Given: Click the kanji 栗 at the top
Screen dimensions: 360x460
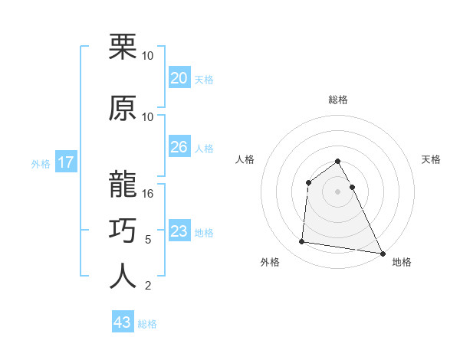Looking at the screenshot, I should (x=123, y=47).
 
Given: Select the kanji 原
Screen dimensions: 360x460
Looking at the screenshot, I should (x=123, y=109).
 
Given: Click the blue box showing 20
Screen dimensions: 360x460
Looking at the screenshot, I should (x=179, y=78).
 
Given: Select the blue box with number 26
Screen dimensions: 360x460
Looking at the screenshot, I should (x=179, y=147).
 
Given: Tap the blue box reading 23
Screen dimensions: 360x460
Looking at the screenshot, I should (x=179, y=231).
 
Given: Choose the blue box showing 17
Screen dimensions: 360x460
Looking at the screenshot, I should (x=65, y=162).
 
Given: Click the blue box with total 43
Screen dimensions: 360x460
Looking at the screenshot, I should (x=123, y=322).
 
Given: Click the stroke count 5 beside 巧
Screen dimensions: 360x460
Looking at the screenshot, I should (x=148, y=240).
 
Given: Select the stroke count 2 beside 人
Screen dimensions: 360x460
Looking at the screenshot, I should (x=148, y=286).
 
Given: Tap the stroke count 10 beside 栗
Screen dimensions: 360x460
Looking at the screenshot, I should (x=148, y=56).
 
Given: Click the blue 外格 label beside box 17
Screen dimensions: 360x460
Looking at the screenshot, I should (x=41, y=163).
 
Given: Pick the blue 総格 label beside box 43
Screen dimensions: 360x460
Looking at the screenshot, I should (x=147, y=324).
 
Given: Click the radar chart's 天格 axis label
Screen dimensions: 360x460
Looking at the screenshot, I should (x=432, y=159).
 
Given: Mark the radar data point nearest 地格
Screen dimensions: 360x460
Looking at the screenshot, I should (x=383, y=253).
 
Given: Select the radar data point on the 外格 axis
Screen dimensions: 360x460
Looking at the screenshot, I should (x=301, y=242).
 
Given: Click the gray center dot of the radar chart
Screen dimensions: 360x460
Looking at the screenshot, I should (x=338, y=191).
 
